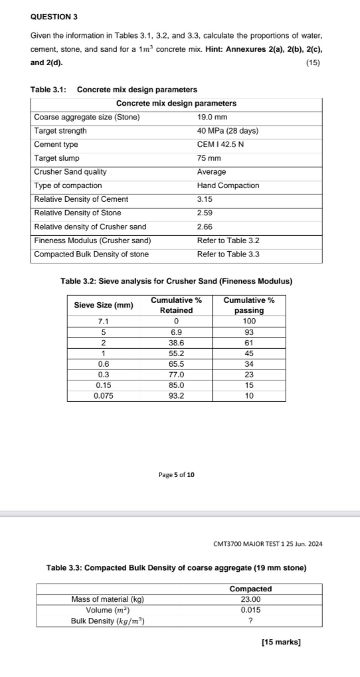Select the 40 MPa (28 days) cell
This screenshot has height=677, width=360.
pos(227,131)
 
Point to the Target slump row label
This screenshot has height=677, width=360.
pos(56,158)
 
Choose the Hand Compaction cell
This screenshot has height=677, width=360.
pos(228,185)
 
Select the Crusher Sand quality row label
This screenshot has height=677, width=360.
pos(70,171)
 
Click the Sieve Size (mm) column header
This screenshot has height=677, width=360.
pos(103,305)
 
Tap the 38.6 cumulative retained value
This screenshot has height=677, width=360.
pos(176,343)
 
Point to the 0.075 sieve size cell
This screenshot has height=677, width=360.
pos(103,395)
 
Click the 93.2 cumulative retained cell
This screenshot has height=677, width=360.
pos(176,395)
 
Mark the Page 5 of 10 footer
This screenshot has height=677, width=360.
pos(177,474)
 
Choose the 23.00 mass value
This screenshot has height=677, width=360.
pos(250,599)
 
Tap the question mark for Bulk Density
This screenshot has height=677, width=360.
pos(250,621)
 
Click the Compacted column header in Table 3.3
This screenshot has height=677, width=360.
pos(250,589)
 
